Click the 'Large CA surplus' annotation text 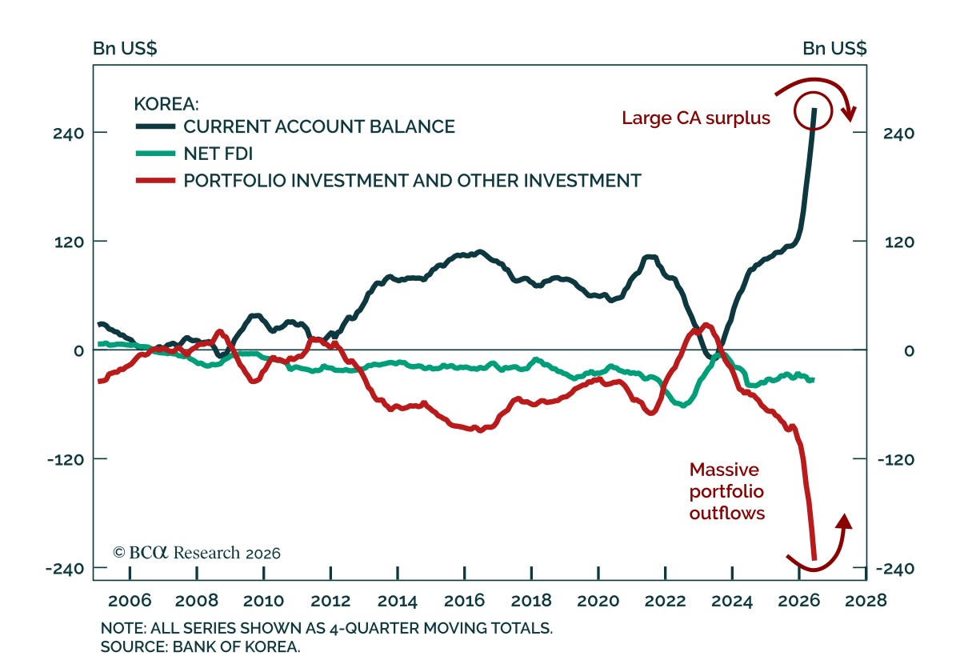695,118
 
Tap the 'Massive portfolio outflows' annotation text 727,491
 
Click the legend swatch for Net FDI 155,154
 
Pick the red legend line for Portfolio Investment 155,181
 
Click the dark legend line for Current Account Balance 155,126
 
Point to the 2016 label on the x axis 464,601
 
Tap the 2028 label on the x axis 866,601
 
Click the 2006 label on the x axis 130,601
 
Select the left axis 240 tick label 69,134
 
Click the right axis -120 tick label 896,460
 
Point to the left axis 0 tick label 78,351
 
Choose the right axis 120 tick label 899,242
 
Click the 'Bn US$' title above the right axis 834,49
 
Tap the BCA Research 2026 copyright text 197,553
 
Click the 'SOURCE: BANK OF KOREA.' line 200,647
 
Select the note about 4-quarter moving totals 326,628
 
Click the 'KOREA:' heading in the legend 166,104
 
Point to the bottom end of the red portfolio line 814,559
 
